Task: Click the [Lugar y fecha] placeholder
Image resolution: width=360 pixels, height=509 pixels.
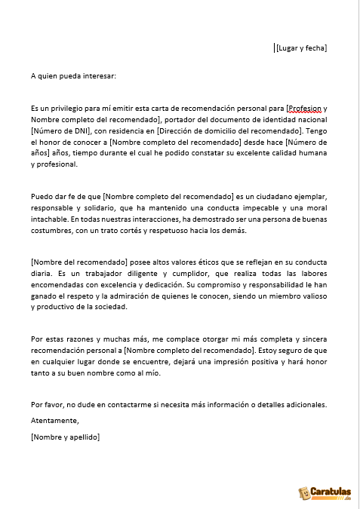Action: [x=301, y=48]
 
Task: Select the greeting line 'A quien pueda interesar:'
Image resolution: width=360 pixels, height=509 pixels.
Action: [x=74, y=75]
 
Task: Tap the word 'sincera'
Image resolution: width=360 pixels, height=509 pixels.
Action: [x=314, y=351]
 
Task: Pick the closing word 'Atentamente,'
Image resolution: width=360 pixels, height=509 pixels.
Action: [x=54, y=420]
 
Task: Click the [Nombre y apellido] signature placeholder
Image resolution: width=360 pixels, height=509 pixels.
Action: [x=66, y=437]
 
